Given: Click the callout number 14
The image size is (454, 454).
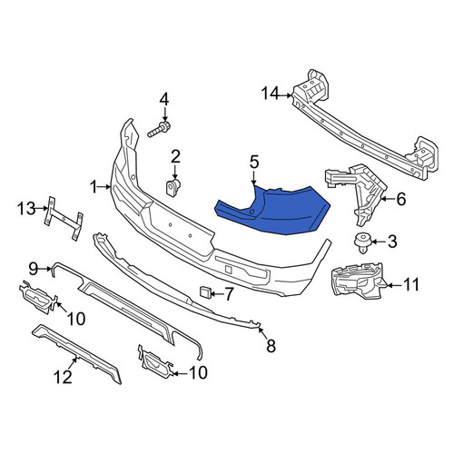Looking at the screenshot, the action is pyautogui.click(x=271, y=94).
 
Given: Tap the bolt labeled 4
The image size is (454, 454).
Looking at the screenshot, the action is pyautogui.click(x=159, y=130).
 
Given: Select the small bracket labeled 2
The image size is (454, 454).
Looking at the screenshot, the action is pyautogui.click(x=173, y=188).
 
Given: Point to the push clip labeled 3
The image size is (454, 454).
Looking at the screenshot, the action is pyautogui.click(x=362, y=242).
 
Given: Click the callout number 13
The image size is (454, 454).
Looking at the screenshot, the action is pyautogui.click(x=26, y=209).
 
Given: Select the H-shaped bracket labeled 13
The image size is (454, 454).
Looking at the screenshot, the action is pyautogui.click(x=64, y=218).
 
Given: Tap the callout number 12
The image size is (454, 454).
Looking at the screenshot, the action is pyautogui.click(x=63, y=377).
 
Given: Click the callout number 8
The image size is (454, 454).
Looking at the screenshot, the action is pyautogui.click(x=271, y=346).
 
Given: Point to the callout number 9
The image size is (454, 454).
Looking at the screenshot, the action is pyautogui.click(x=34, y=268).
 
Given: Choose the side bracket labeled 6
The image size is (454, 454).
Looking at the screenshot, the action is pyautogui.click(x=357, y=193).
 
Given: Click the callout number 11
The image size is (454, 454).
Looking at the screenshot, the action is pyautogui.click(x=410, y=285).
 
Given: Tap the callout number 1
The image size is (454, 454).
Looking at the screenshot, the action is pyautogui.click(x=94, y=187).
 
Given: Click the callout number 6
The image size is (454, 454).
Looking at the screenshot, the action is pyautogui.click(x=400, y=199).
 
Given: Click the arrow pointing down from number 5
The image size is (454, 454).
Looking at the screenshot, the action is pyautogui.click(x=253, y=177).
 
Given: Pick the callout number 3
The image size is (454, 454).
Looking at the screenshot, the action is pyautogui.click(x=391, y=242).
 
